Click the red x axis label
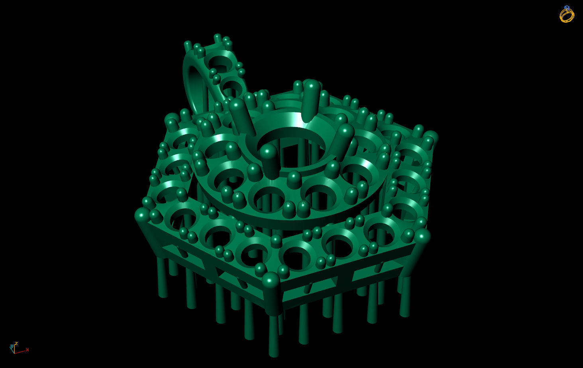pyautogui.click(x=27, y=350)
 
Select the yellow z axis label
pyautogui.click(x=16, y=343)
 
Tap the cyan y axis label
pyautogui.click(x=12, y=346)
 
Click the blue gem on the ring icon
pyautogui.click(x=567, y=7)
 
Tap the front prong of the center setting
pyautogui.click(x=270, y=161)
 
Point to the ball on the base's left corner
pyautogui.click(x=142, y=215)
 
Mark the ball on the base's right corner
pyautogui.click(x=422, y=236)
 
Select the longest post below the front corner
pyautogui.click(x=273, y=335)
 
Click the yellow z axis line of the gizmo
pyautogui.click(x=14, y=348)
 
